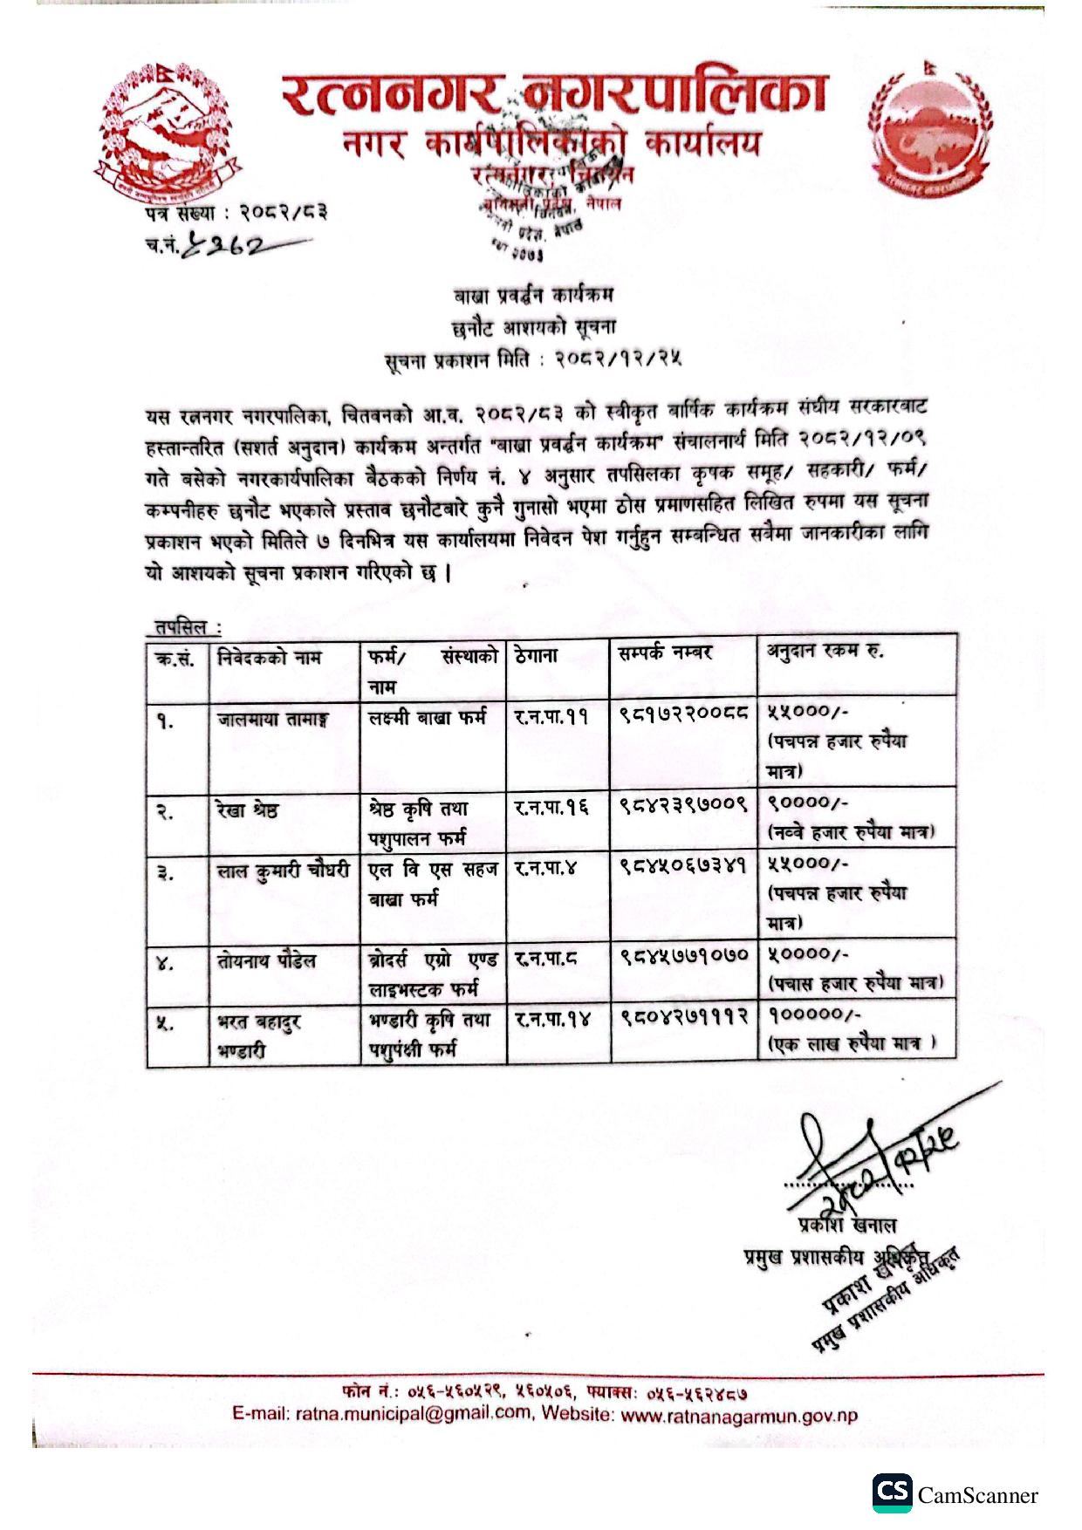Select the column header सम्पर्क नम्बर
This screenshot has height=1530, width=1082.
point(665,652)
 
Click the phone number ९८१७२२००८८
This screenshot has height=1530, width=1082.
point(684,715)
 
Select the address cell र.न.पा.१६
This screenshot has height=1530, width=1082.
point(551,808)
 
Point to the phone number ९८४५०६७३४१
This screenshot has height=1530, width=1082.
point(684,867)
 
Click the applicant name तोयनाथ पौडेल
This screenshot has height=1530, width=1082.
point(266,961)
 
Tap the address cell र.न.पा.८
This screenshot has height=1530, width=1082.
point(546,958)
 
